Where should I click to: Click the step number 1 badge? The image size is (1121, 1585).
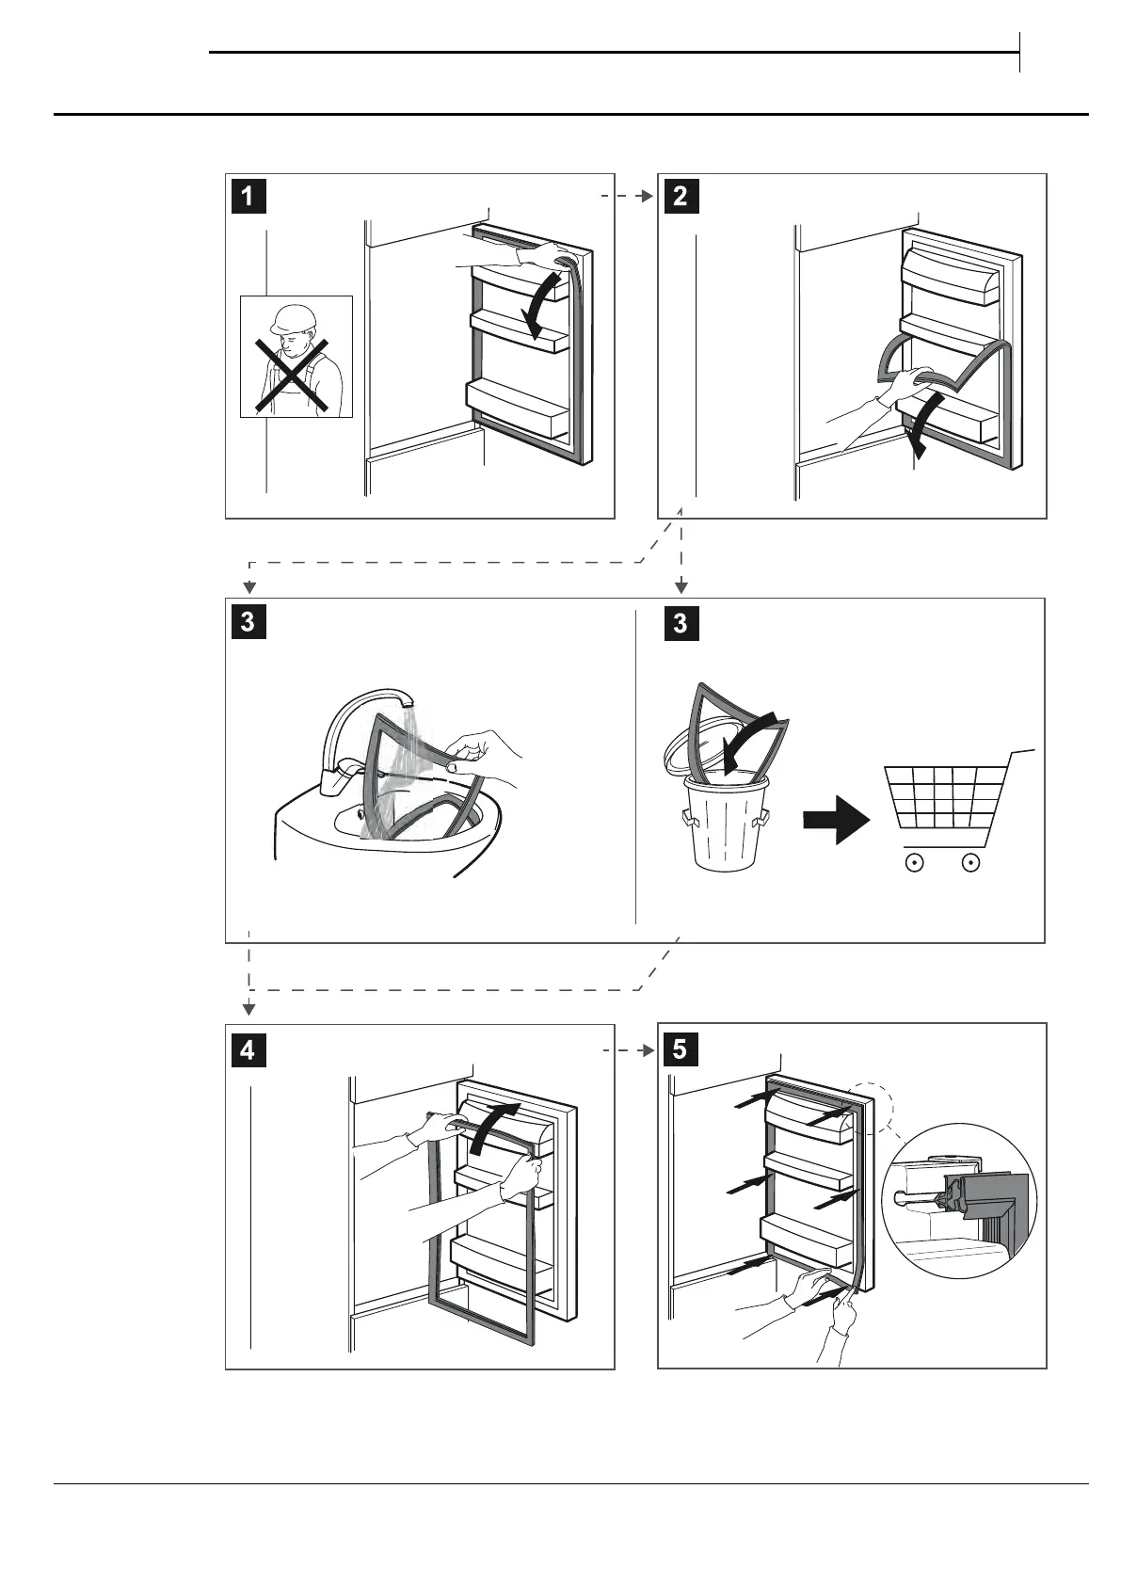point(248,196)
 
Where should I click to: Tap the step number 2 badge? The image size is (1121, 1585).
point(681,196)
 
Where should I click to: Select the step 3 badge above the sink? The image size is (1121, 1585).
point(248,621)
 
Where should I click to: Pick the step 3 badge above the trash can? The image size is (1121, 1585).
point(681,623)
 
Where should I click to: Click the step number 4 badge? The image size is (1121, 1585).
point(248,1049)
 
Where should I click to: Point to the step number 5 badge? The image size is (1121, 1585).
point(681,1049)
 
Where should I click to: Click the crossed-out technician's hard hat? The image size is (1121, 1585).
point(292,318)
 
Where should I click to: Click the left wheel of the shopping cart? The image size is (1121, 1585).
point(912,861)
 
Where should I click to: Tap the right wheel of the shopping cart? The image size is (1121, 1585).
point(972,861)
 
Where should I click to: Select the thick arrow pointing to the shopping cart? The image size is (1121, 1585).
point(836,820)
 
